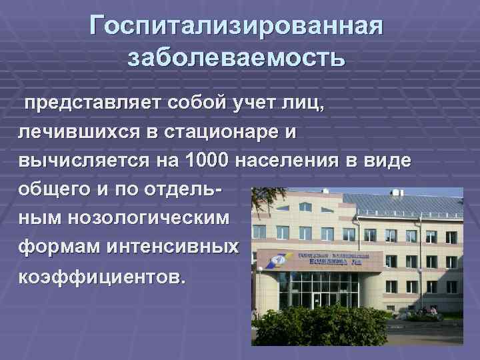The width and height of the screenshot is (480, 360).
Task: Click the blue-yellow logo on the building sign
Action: click(x=273, y=261)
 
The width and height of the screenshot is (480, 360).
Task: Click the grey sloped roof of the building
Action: click(x=407, y=203)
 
